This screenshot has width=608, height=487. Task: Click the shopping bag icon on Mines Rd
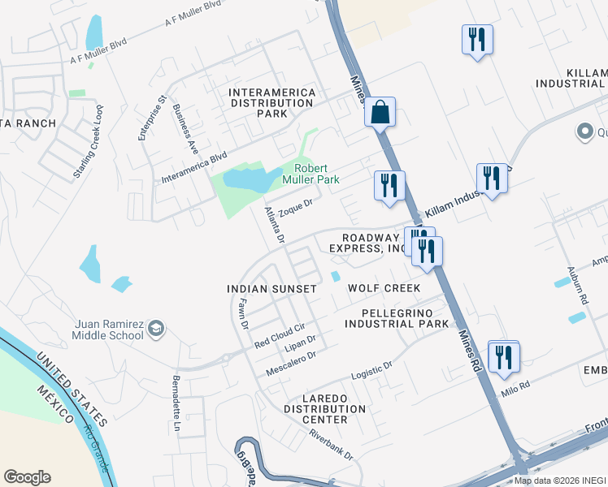380,112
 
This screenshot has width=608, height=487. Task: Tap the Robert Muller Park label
310,174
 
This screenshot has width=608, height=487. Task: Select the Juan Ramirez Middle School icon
156,329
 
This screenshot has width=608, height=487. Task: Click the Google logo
27,477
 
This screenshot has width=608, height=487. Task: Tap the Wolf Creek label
384,288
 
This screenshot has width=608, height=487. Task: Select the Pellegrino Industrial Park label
397,318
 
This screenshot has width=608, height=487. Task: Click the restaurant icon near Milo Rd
504,356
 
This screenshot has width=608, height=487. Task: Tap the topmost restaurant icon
476,39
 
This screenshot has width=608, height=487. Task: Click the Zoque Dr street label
295,209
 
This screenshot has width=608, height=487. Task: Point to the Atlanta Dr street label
274,225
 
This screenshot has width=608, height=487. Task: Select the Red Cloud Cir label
279,334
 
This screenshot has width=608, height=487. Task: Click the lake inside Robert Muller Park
247,179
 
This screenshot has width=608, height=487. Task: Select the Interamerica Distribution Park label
260,103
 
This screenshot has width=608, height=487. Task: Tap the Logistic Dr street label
371,371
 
